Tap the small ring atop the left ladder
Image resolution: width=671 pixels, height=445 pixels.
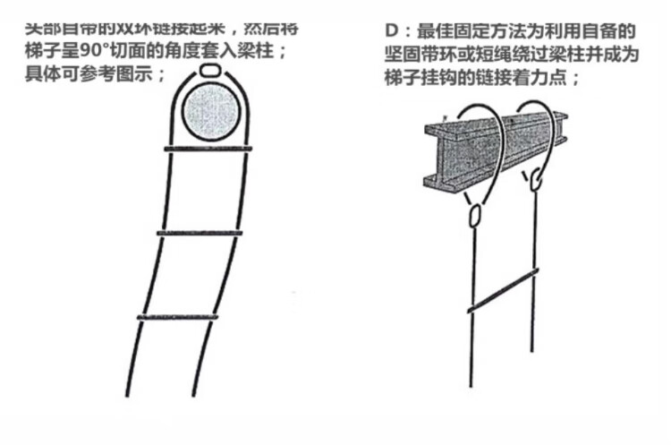tap(210, 70)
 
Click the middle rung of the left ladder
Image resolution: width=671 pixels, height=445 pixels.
tap(199, 233)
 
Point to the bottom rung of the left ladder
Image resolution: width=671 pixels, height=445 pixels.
tap(177, 316)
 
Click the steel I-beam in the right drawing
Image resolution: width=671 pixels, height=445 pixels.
tap(492, 148)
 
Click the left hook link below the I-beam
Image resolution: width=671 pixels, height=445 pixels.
tap(473, 216)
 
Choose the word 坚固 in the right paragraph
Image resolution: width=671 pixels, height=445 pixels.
tap(399, 55)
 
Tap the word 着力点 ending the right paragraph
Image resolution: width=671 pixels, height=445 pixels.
tap(541, 78)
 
